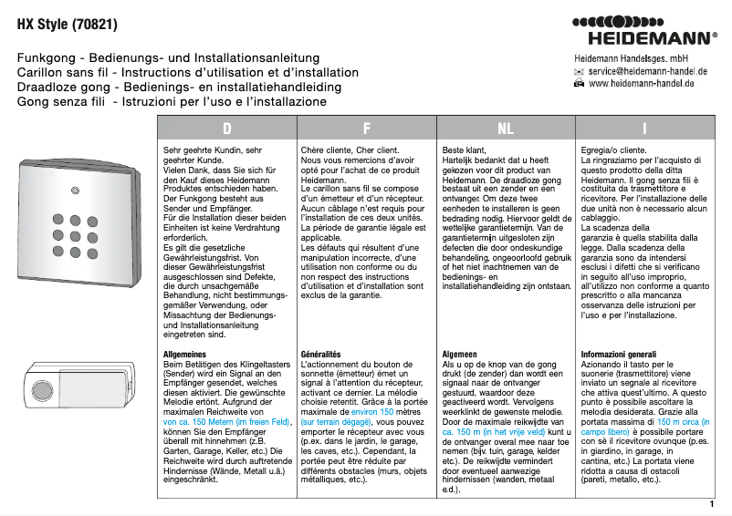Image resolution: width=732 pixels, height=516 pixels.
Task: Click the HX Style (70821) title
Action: click(x=68, y=22)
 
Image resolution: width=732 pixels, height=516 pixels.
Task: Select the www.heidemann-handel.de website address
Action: click(x=642, y=83)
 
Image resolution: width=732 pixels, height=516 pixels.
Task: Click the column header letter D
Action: click(x=226, y=129)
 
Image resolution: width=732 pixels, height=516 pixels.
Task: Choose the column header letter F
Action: click(x=366, y=129)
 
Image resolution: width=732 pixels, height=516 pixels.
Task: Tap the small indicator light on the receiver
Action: click(x=76, y=194)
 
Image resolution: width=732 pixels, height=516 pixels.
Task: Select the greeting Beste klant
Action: click(x=464, y=149)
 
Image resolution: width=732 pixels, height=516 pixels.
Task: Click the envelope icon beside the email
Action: click(x=579, y=70)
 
